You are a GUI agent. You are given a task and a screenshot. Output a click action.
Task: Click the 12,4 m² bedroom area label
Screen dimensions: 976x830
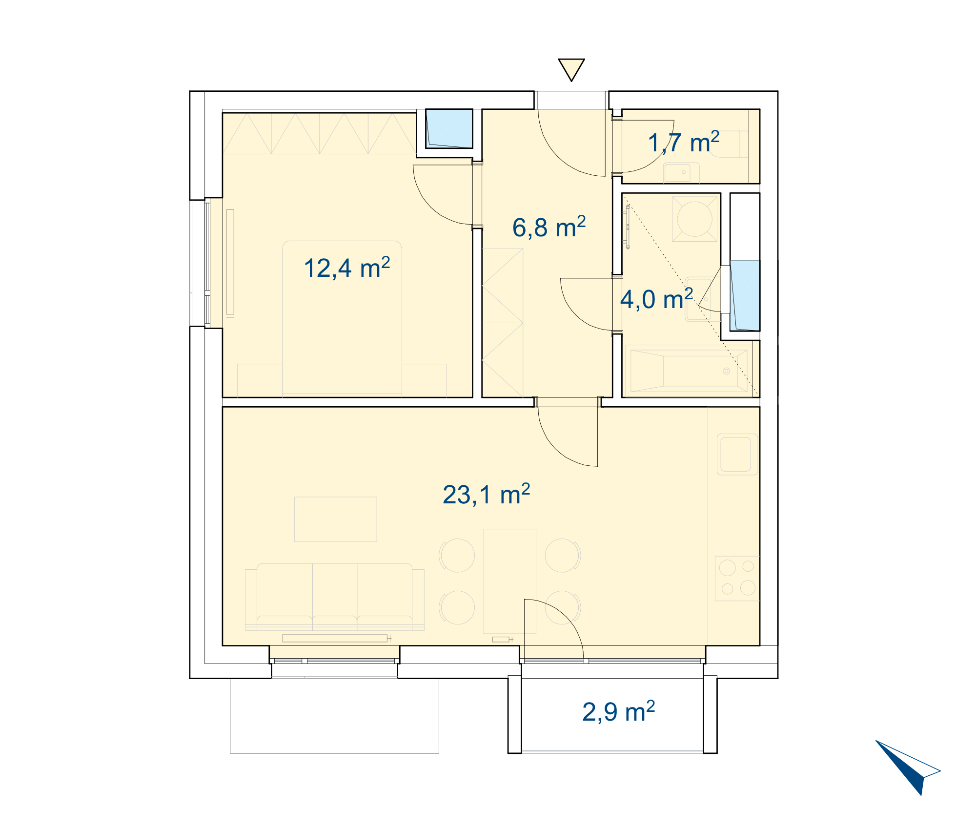point(346,268)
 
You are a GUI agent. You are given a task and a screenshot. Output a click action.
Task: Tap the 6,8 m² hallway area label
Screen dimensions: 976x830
point(549,227)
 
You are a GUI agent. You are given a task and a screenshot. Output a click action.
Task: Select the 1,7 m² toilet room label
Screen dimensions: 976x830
point(683,142)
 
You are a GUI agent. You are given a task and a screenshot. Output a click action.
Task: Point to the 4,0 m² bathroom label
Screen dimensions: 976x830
point(656,299)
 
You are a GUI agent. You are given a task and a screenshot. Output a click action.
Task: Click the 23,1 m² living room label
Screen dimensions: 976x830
point(486,494)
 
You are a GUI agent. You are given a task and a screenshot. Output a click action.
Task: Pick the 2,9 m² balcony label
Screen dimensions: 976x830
point(618,711)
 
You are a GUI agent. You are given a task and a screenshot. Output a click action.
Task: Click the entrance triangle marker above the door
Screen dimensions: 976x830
point(571,70)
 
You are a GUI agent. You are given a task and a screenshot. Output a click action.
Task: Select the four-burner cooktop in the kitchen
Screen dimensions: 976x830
point(737,578)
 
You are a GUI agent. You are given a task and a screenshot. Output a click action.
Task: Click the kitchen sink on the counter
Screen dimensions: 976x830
point(737,455)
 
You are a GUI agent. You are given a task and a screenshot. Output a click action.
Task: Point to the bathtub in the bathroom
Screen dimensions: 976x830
point(689,371)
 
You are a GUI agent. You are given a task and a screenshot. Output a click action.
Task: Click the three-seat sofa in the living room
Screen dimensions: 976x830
point(335,597)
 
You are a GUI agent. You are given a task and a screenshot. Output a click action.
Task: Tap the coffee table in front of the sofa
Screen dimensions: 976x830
point(336,519)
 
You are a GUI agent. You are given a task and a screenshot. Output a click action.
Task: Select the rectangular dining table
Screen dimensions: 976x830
point(509,581)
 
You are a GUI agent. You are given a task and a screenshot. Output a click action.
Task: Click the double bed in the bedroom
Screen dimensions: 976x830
point(342,318)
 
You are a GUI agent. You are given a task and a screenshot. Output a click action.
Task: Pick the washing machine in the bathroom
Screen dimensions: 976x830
point(694,219)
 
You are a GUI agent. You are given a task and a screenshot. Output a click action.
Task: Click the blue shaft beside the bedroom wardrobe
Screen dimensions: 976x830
point(449,128)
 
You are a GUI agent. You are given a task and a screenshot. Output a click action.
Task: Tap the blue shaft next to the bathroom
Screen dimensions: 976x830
point(745,295)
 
